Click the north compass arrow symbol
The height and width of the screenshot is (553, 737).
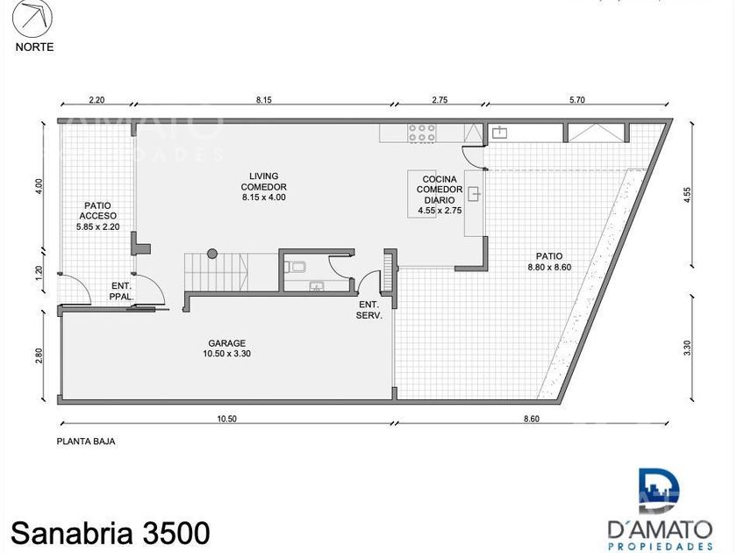coord(32,18)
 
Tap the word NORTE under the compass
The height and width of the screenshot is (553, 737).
coord(35,47)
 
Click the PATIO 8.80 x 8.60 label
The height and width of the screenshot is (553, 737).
coord(549,262)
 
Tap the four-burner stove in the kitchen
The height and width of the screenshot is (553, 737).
coord(422,133)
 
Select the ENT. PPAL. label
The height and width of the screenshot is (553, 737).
coord(122,291)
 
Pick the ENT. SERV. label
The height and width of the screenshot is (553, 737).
coord(369,310)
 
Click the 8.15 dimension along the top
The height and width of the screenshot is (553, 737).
coord(264,100)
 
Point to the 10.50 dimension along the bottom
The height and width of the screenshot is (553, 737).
coord(227,419)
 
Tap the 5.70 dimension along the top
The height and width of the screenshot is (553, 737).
coord(576,100)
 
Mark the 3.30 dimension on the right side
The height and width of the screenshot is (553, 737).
coord(688,347)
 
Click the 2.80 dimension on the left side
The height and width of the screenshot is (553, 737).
coord(39,355)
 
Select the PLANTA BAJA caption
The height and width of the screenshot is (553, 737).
coord(86,442)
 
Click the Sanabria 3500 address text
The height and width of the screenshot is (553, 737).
coord(110,533)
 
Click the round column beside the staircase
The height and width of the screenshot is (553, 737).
coord(212,254)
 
